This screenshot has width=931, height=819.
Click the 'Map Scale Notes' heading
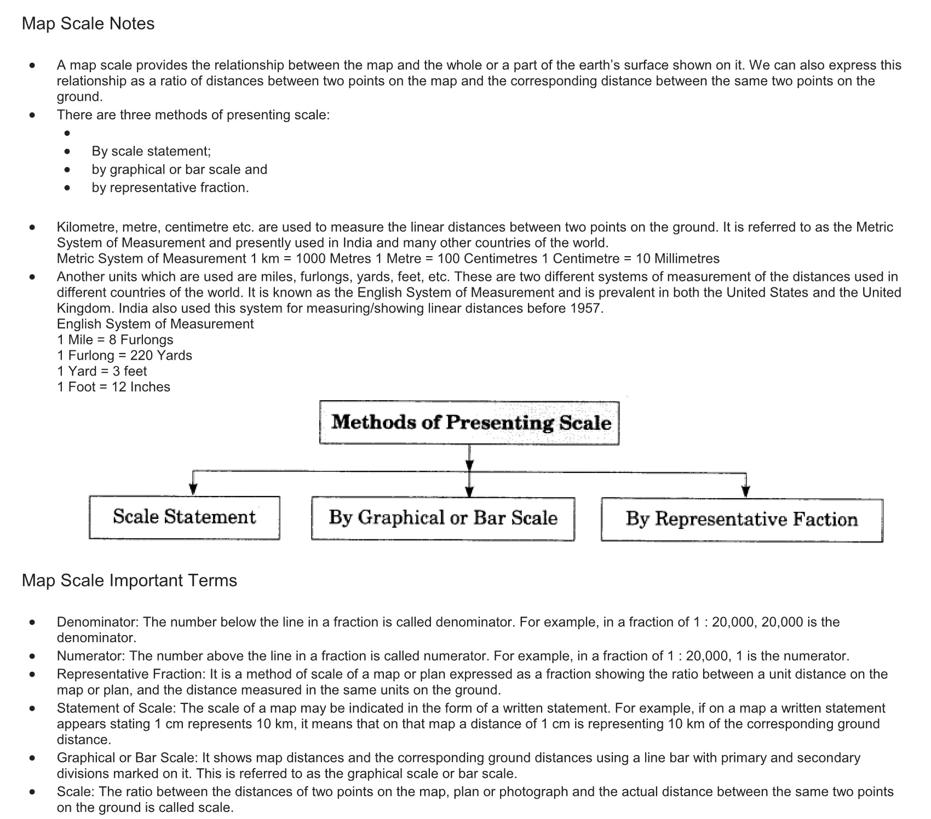[88, 24]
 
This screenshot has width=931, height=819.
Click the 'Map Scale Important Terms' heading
[129, 580]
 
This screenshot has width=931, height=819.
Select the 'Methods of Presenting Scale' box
[469, 423]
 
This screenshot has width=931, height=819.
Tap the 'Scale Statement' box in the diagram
[184, 517]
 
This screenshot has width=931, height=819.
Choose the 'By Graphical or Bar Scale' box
[442, 518]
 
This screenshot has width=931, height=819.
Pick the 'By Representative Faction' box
[742, 520]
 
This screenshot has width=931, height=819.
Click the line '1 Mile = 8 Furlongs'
[115, 340]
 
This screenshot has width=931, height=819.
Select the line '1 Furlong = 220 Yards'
[124, 355]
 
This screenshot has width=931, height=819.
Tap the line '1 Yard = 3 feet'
[102, 371]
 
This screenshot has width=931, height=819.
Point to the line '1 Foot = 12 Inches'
[113, 387]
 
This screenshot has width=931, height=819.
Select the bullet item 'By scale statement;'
[151, 151]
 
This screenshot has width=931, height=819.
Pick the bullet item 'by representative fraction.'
[170, 188]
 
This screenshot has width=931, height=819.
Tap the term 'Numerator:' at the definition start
[91, 656]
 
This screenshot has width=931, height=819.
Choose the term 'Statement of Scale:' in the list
[116, 708]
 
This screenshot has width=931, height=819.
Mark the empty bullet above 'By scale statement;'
[67, 133]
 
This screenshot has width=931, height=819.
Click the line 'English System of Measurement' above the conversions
[155, 324]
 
